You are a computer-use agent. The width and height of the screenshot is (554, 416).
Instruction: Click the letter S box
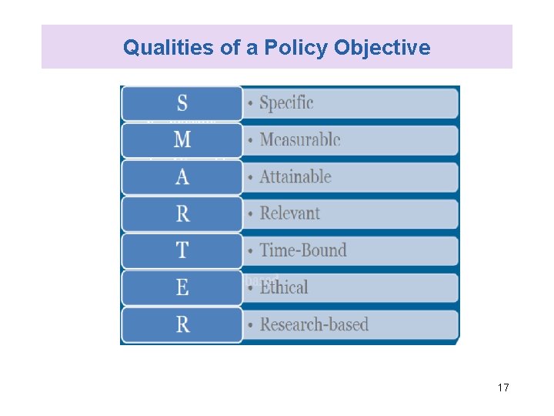point(182,102)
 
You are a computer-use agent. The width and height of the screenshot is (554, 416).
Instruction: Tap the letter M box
point(182,139)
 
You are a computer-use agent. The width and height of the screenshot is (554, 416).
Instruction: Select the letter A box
point(182,176)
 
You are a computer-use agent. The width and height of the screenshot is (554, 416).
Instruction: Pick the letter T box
point(182,250)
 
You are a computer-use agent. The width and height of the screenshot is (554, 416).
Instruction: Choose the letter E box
point(182,287)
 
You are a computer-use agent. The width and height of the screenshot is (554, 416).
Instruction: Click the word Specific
point(286,102)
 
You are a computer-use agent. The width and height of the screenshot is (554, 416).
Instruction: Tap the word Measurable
point(299,139)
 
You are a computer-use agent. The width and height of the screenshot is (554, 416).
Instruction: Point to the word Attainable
point(295,176)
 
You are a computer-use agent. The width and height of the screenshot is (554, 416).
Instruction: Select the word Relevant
point(289,213)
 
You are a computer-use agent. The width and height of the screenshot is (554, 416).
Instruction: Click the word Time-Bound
point(303,250)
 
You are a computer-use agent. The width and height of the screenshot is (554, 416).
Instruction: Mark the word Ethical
point(284,287)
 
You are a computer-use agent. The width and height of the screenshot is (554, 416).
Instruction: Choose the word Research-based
point(314,324)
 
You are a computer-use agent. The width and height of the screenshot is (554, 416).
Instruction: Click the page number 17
point(503,387)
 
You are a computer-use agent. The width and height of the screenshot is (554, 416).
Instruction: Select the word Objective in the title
point(382,48)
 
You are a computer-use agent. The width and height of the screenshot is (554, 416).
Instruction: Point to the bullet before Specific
point(252,104)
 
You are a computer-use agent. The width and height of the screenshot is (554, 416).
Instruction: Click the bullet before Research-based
point(252,326)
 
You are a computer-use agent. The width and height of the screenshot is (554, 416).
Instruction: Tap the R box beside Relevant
point(182,213)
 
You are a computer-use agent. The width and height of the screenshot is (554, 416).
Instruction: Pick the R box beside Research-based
point(182,324)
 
